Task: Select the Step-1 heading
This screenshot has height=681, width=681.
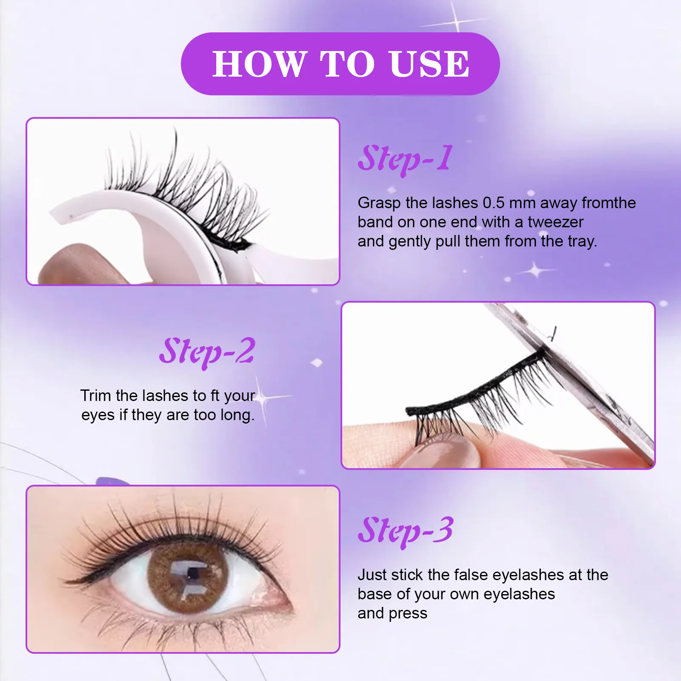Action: pos(405,159)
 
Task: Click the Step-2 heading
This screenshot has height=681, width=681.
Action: pos(207,352)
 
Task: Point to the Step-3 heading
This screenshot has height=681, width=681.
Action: pos(405,530)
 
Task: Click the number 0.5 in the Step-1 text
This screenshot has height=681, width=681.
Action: pos(493,203)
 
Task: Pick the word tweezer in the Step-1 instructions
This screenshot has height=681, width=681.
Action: pos(555,222)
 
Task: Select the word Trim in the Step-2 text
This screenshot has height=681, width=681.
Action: pos(96,396)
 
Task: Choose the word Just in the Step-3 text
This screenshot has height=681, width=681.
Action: pos(372,575)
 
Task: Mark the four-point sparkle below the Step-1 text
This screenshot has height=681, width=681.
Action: pos(536,270)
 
